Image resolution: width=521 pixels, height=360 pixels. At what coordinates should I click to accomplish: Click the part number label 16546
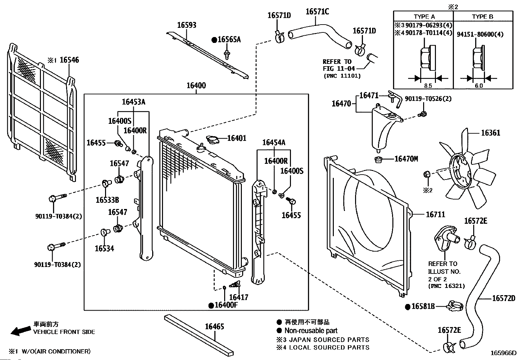(69, 60)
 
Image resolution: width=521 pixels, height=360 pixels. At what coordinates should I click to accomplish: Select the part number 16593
(187, 25)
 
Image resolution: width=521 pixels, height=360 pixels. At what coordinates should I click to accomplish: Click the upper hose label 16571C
(317, 11)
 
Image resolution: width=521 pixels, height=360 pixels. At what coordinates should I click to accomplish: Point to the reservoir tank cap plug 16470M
(378, 160)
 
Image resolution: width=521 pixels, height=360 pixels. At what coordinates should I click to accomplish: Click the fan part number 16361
(491, 133)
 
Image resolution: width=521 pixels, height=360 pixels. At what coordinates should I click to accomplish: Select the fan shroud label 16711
(435, 215)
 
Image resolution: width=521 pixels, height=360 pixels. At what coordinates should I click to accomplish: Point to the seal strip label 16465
(214, 327)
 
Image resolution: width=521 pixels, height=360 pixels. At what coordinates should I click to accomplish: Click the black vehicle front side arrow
(21, 331)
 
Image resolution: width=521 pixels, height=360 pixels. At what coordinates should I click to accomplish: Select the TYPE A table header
(424, 17)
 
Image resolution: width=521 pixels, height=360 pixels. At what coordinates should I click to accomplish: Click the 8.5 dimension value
(428, 86)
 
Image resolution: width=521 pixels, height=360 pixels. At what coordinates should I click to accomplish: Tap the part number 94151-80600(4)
(480, 34)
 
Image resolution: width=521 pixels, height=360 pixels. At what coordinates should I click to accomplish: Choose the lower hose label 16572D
(504, 298)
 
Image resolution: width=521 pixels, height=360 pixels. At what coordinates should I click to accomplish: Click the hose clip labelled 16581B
(455, 306)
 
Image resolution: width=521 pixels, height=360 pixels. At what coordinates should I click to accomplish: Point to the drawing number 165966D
(503, 353)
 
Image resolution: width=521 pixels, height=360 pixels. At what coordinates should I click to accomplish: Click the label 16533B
(107, 200)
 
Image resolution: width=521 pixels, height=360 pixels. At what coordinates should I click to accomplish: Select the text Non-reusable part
(311, 331)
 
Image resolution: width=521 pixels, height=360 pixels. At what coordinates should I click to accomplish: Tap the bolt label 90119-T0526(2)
(428, 99)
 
